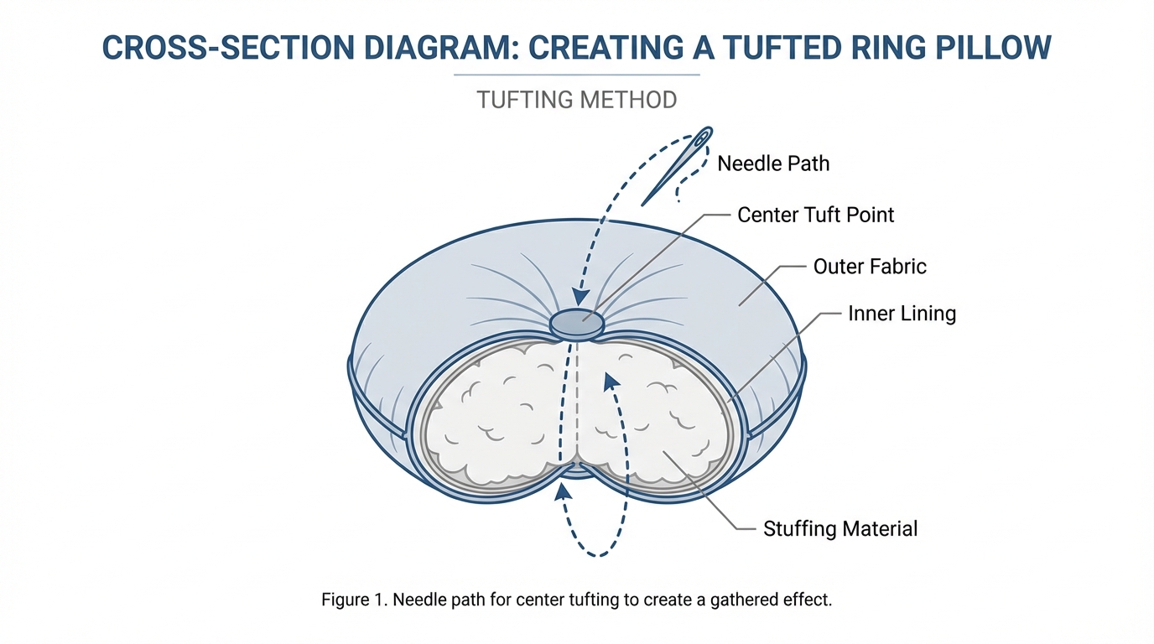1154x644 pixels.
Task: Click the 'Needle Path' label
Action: pos(773,163)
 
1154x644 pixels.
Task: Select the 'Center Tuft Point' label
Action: pos(815,215)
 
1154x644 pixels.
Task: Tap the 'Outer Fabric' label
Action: pos(870,267)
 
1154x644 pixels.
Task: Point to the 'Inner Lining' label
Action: pos(902,314)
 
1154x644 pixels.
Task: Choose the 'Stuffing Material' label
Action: pos(840,529)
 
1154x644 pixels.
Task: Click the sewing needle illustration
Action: pos(676,168)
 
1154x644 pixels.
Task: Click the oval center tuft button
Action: pos(576,323)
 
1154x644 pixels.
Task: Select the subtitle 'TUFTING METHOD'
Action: pos(577,100)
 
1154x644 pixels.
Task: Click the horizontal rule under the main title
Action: pos(577,75)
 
